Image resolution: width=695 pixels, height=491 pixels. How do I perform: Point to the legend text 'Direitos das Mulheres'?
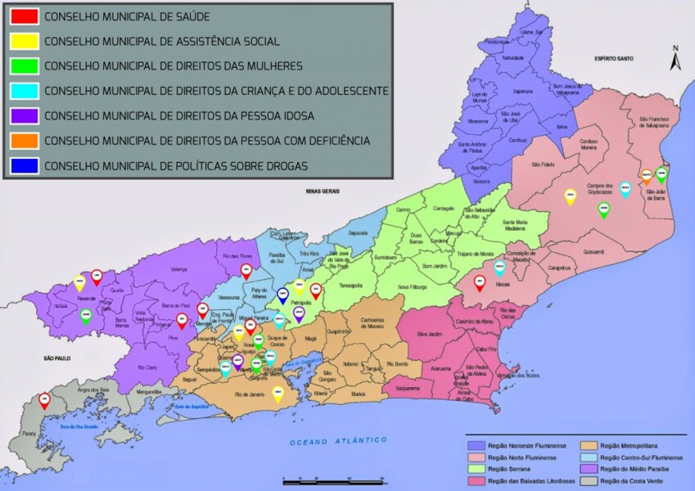(174, 66)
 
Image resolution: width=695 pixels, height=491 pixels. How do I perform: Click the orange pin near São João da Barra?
(647, 175)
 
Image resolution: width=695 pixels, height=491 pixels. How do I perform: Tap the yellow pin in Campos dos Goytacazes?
(571, 195)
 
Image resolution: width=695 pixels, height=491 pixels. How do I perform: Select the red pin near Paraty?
(44, 399)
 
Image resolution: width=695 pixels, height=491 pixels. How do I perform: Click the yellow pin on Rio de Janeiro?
(278, 393)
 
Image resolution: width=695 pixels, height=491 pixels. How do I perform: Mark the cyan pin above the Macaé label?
(499, 266)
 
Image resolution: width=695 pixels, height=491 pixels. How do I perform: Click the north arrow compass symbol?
(675, 59)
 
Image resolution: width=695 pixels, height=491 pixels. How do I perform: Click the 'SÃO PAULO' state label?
(59, 358)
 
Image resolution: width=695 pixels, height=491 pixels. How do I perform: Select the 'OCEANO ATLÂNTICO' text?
(338, 441)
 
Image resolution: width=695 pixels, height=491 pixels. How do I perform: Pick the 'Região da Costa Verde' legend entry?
(631, 481)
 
